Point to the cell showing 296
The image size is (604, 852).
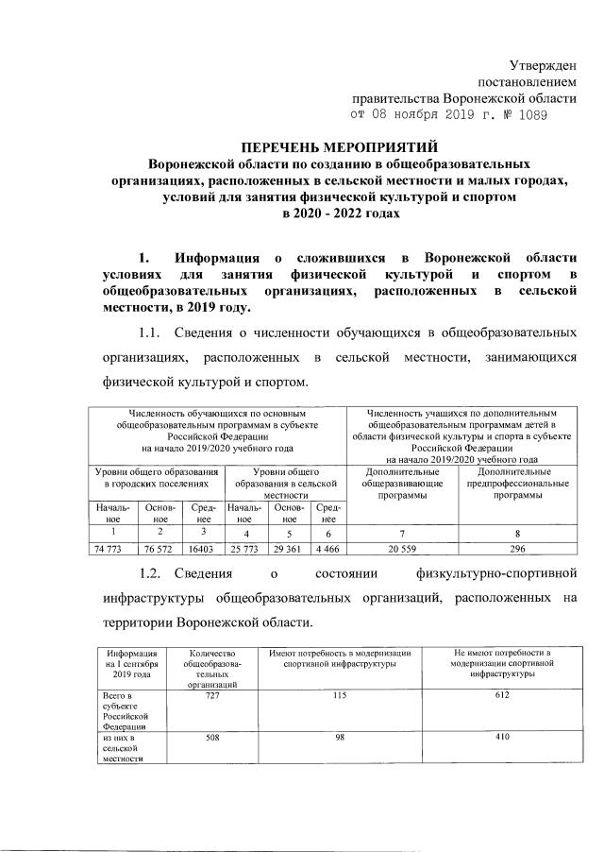(516, 548)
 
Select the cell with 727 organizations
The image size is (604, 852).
(212, 696)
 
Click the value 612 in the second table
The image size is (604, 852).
(501, 696)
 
